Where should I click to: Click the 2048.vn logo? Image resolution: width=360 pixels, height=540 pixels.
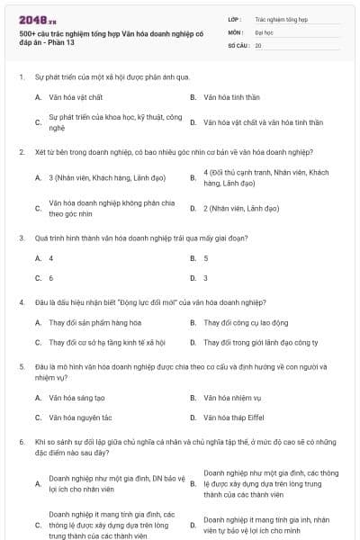click(34, 20)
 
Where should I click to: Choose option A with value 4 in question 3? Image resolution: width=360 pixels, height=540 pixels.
click(51, 258)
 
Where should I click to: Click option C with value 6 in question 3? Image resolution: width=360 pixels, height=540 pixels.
click(51, 278)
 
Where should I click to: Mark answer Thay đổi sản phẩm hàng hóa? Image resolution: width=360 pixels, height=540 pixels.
click(95, 322)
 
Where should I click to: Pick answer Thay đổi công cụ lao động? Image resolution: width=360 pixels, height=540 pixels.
click(246, 322)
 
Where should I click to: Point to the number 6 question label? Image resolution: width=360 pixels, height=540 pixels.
click(21, 443)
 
